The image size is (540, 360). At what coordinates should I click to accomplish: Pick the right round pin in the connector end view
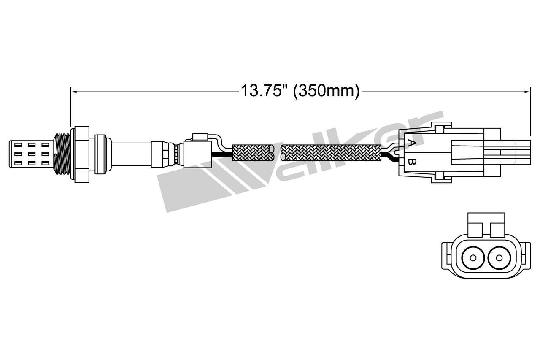[x=499, y=257]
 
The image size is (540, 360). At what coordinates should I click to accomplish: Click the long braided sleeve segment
[x=331, y=153]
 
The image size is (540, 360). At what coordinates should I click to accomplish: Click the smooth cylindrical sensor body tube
[x=131, y=154]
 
